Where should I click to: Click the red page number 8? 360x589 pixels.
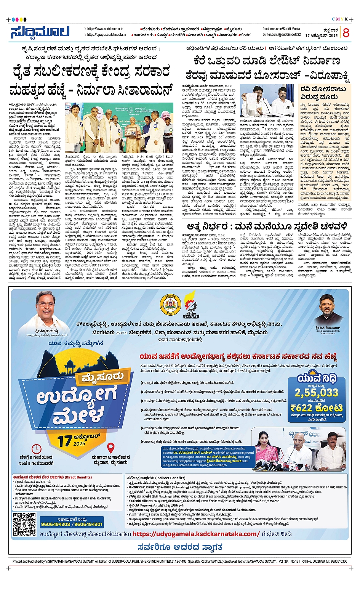(x=346, y=32)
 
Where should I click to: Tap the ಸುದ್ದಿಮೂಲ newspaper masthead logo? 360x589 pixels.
(x=40, y=32)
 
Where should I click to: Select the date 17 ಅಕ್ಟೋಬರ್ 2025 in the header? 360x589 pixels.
(x=322, y=35)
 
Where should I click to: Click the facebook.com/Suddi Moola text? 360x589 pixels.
(x=281, y=29)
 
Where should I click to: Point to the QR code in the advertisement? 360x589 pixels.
(x=24, y=524)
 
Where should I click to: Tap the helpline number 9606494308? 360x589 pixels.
(x=56, y=525)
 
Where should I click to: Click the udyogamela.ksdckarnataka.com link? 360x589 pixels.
(x=196, y=534)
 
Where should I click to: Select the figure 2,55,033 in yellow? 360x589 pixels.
(x=316, y=393)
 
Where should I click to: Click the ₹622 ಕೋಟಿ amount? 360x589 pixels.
(x=316, y=408)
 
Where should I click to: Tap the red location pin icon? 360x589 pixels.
(x=110, y=448)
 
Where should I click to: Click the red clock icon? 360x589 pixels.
(x=36, y=448)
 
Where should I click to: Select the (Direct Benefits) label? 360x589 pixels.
(x=78, y=477)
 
